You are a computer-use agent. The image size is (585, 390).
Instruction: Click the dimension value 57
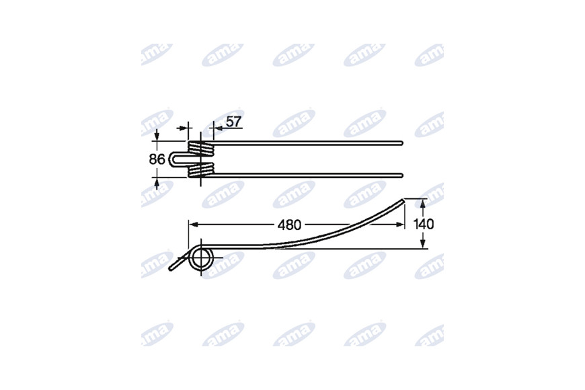pyautogui.click(x=234, y=122)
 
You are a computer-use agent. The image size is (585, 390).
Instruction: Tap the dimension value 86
pyautogui.click(x=157, y=159)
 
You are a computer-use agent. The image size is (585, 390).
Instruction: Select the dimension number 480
pyautogui.click(x=289, y=225)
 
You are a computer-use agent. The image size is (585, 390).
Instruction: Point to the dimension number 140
pyautogui.click(x=424, y=224)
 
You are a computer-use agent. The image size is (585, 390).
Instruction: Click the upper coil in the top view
pyautogui.click(x=202, y=149)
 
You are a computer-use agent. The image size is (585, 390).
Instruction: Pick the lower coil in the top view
pyautogui.click(x=202, y=170)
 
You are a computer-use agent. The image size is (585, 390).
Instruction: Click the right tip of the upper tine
pyautogui.click(x=402, y=143)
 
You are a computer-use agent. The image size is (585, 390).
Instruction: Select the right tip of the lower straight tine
pyautogui.click(x=402, y=175)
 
